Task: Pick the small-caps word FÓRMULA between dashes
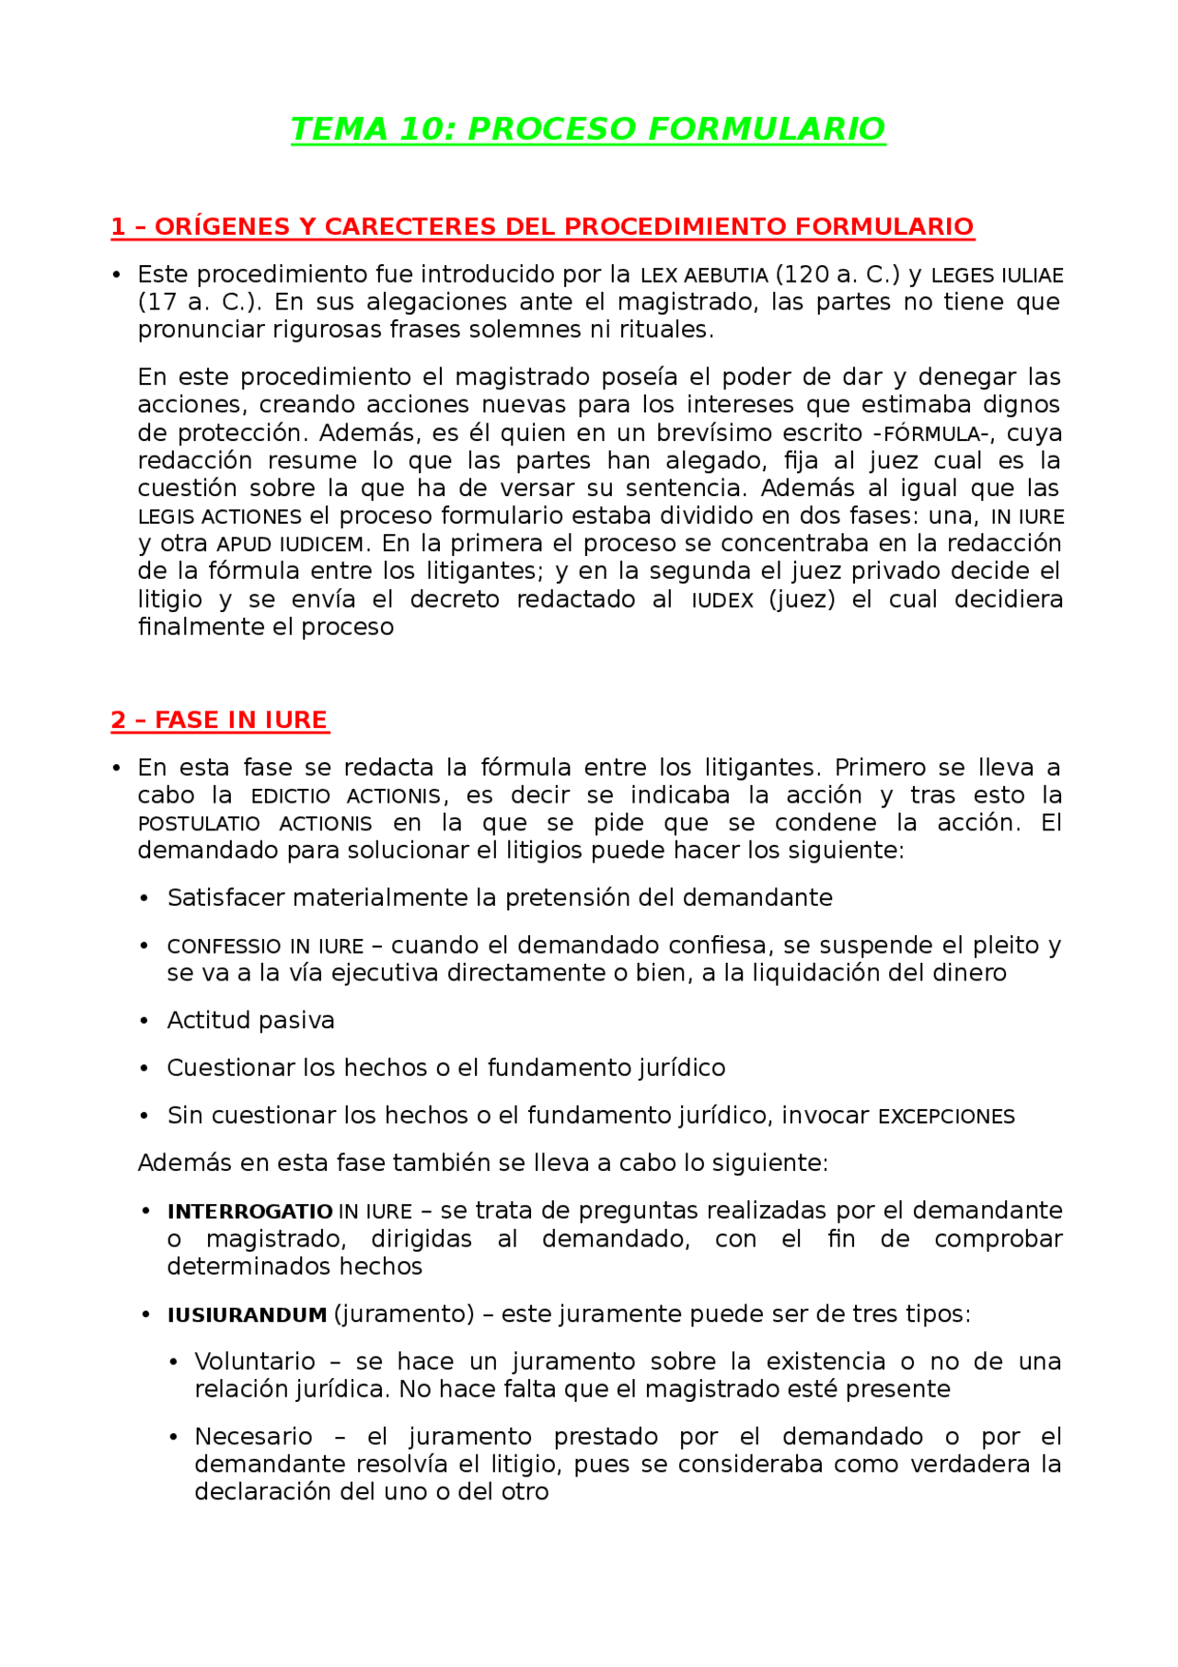931,434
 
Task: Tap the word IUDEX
722,600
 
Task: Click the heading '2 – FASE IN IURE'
219,720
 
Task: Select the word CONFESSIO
224,946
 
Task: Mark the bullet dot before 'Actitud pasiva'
144,1021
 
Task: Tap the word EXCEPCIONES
946,1117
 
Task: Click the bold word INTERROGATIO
249,1211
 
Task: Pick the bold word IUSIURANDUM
247,1315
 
